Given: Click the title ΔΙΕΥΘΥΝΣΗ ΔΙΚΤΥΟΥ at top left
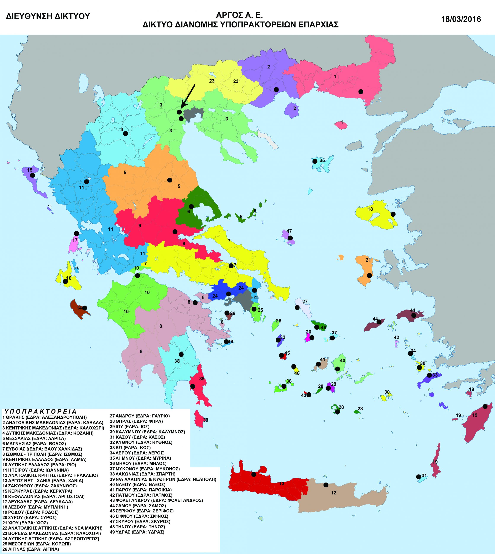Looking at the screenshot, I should pyautogui.click(x=48, y=16).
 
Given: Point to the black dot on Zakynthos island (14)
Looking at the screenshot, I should pyautogui.click(x=85, y=308).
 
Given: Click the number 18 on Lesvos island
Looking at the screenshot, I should pyautogui.click(x=370, y=209).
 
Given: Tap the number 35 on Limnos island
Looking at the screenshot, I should pyautogui.click(x=322, y=160).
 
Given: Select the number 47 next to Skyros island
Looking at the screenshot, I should pyautogui.click(x=289, y=231).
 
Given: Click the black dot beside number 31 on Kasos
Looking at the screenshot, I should pyautogui.click(x=419, y=477).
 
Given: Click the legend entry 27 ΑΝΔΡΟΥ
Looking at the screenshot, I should pyautogui.click(x=139, y=416).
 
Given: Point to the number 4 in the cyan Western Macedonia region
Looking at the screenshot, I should pyautogui.click(x=122, y=130).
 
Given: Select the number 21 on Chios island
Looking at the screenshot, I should pyautogui.click(x=368, y=260).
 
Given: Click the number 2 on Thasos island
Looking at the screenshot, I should pyautogui.click(x=295, y=108).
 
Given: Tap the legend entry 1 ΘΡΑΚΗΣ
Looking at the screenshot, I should pyautogui.click(x=44, y=417).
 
